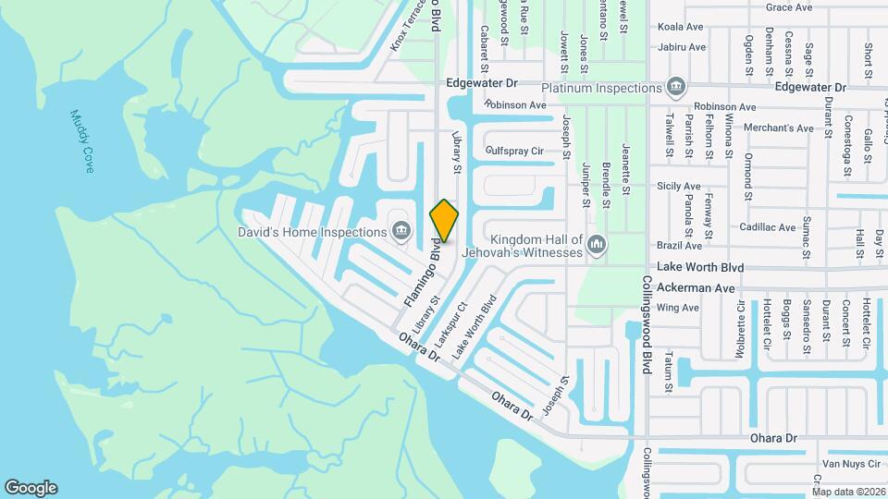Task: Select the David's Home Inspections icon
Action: click(x=401, y=230)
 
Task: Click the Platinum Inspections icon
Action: click(x=676, y=88)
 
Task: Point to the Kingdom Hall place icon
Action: click(x=597, y=244)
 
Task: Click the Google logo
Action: click(x=31, y=488)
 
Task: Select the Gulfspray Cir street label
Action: click(x=514, y=151)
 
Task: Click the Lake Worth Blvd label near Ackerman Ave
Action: click(x=700, y=266)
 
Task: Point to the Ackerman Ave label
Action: click(x=696, y=287)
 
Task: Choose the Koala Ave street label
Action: click(x=683, y=28)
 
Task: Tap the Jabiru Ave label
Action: click(x=683, y=47)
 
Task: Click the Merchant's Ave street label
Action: click(x=778, y=128)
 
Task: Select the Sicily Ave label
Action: click(x=679, y=187)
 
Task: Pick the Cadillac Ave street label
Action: click(x=767, y=227)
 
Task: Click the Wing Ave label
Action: click(x=678, y=308)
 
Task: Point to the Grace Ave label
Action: click(x=789, y=7)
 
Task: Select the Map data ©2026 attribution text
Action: click(x=847, y=492)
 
